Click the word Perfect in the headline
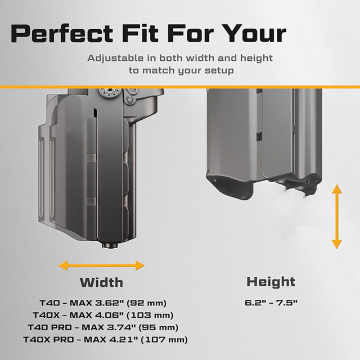62,33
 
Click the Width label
101,282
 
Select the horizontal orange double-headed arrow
101,265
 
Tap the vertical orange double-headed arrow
337,216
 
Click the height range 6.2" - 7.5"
271,303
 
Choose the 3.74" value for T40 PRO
120,327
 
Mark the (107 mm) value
164,340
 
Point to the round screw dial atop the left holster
110,93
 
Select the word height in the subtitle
256,58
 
